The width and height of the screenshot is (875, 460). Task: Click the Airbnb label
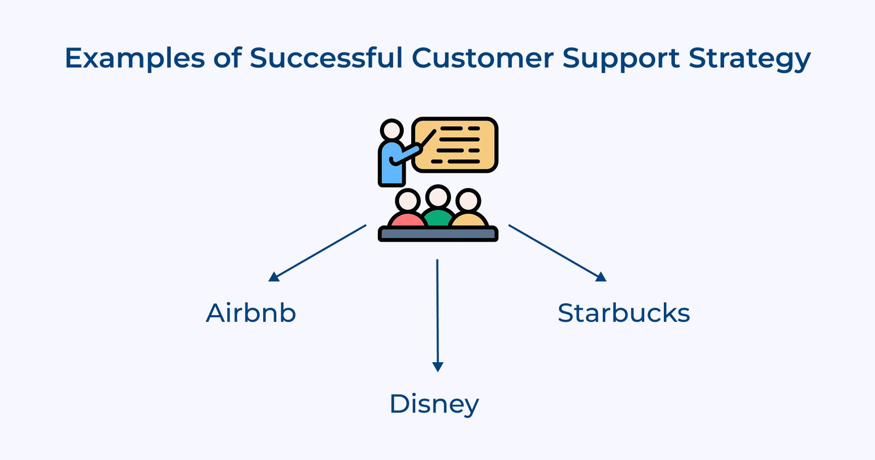coord(251,313)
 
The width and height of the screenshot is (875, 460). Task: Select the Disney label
coord(434,404)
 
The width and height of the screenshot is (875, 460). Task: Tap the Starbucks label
coord(623,313)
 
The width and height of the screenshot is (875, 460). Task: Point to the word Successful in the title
coord(326,57)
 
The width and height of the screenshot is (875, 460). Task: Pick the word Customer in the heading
coord(482,57)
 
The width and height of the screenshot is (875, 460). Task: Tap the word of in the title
coord(227,57)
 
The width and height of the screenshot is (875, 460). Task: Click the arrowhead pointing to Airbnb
coord(273,277)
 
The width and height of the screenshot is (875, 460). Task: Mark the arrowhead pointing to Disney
coord(437,367)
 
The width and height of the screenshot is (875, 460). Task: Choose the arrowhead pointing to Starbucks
coord(601,277)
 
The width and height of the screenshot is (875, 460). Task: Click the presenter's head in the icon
coord(392,131)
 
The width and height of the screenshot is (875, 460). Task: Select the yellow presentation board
coord(462,145)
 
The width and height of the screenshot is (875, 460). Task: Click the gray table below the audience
coord(437,234)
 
